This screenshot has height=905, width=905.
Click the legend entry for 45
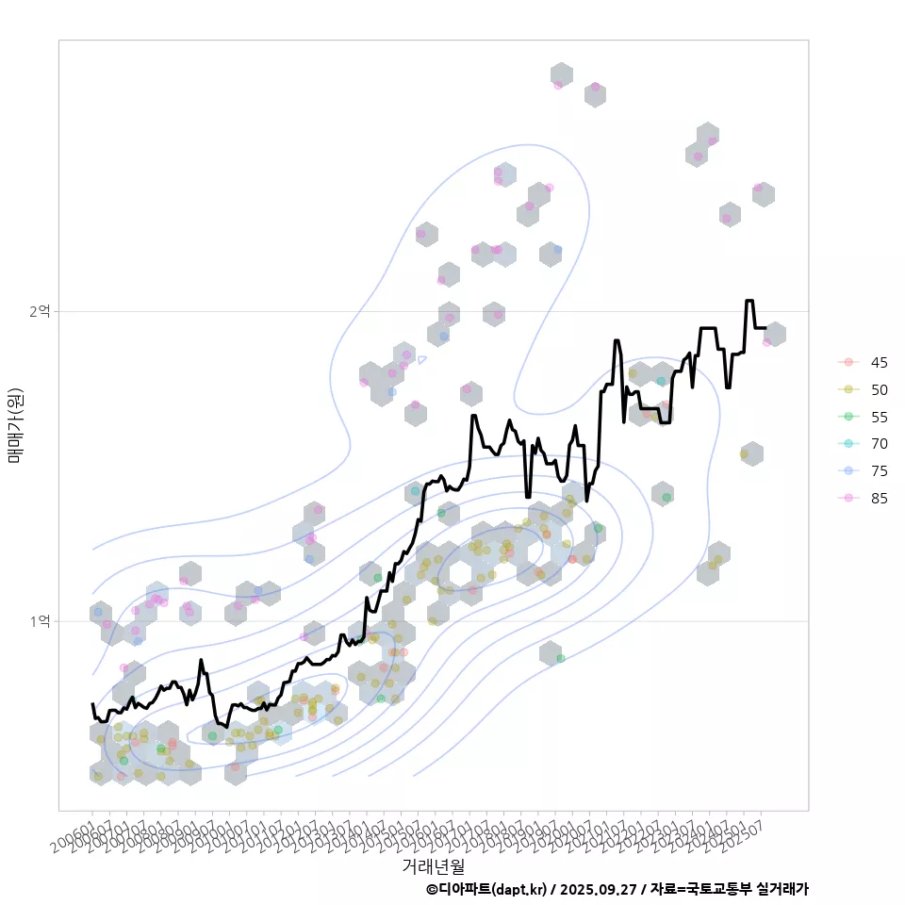pos(848,362)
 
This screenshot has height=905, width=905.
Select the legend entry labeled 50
pos(848,389)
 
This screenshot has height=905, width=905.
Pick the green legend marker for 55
pos(848,417)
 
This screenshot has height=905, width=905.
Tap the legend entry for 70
pos(848,444)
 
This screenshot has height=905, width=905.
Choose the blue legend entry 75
pos(848,471)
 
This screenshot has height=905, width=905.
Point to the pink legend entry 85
pos(848,499)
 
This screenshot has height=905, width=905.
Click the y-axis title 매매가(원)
pos(15,425)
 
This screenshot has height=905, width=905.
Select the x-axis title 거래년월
pos(434,865)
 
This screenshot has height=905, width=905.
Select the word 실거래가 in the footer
pos(782,889)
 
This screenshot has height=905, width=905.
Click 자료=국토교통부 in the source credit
pos(702,889)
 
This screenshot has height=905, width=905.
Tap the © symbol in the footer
pos(432,889)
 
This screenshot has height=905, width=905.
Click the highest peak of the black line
pos(749,301)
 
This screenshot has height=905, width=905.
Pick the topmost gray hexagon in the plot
pos(562,75)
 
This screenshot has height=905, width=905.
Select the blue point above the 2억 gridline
pos(557,250)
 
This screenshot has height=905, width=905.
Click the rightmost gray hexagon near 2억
pos(775,334)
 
